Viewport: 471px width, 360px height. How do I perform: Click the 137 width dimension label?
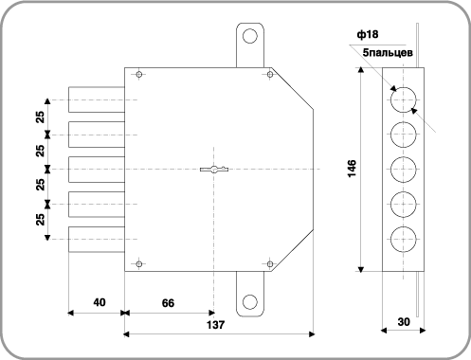215,325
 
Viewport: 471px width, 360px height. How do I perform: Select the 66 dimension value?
168,303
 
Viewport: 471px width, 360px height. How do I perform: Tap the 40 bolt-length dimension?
100,302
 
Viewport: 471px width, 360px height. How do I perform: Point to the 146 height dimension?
352,169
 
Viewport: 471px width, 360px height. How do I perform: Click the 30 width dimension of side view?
404,322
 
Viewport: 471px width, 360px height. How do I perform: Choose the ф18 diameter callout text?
368,34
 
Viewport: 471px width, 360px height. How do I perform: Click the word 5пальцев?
388,52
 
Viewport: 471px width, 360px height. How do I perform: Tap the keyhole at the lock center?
214,170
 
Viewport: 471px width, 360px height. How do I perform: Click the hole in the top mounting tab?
250,36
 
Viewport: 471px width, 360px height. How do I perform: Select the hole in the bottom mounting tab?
250,302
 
